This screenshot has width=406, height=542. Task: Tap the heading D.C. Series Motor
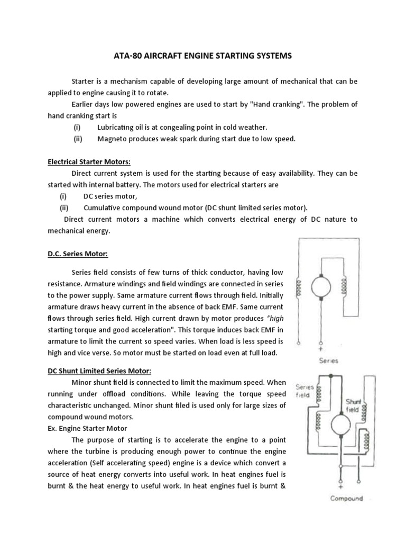pos(78,254)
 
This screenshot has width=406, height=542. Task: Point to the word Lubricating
pos(117,128)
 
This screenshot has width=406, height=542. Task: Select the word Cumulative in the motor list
pos(104,207)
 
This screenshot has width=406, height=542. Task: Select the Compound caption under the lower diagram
pos(346,498)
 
